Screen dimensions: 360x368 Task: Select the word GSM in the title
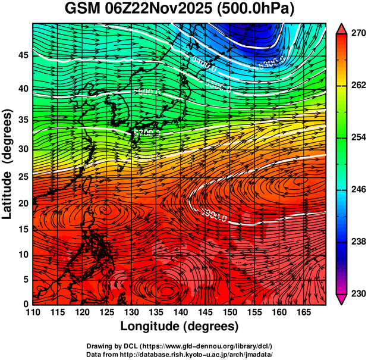[83, 10]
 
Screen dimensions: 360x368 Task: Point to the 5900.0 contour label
[214, 213]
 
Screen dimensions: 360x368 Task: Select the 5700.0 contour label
[146, 132]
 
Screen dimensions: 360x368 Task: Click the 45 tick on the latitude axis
[23, 55]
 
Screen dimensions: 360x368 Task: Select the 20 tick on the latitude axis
[23, 203]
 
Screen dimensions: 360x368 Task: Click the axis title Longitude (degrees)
[180, 326]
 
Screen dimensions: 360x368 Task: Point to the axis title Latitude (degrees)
[8, 164]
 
